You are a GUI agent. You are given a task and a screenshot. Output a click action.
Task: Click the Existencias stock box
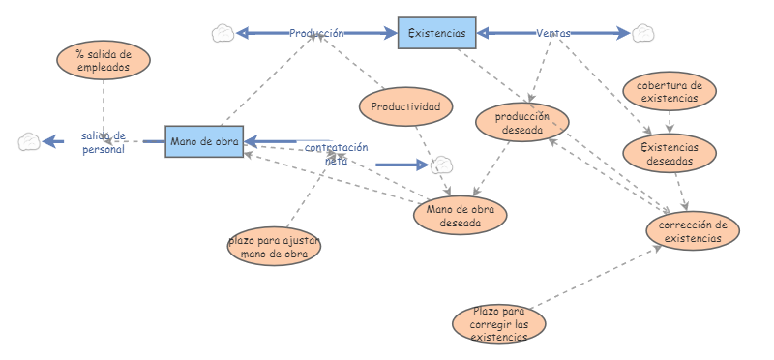pos(437,33)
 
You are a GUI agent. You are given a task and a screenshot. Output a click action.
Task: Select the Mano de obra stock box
pos(204,141)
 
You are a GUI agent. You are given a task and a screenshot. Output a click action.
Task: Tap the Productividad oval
pos(405,106)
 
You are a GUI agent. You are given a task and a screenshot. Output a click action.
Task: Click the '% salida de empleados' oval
pos(104,60)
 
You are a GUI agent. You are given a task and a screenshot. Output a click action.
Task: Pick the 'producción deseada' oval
pos(522,123)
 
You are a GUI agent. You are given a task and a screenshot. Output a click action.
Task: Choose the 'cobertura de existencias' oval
pos(670,91)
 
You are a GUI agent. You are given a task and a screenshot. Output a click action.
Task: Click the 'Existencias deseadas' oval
pos(670,154)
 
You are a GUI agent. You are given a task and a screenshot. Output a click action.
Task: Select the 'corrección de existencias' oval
pos(693,230)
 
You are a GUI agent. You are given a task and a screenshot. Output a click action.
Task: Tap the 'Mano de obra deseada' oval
pos(461,215)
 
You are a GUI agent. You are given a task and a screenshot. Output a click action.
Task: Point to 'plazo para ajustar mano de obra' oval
pos(274,247)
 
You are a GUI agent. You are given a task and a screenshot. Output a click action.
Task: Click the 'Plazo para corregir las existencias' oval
pos(499,324)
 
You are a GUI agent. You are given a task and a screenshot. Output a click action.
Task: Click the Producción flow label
pos(316,33)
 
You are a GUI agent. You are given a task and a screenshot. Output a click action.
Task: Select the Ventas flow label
pos(553,33)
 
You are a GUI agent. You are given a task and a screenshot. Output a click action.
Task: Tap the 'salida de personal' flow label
pos(104,142)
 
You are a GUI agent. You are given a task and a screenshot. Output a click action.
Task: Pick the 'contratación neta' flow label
pos(336,154)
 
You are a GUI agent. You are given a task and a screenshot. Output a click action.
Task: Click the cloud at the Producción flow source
pos(223,33)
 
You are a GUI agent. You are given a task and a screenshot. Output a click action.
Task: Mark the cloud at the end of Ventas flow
pos(643,33)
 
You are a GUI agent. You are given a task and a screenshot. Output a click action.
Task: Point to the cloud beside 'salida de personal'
pos(29,141)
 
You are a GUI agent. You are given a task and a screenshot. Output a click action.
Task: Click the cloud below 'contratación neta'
pos(442,165)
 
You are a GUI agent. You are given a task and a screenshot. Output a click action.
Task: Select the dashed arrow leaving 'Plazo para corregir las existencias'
pos(596,277)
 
